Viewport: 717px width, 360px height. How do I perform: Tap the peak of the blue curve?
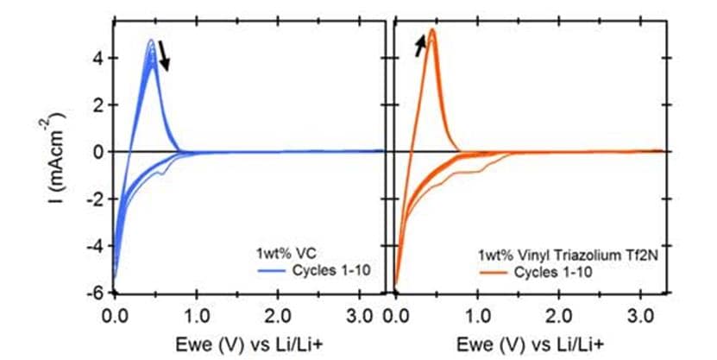coord(151,40)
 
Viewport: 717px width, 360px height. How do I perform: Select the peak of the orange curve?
coord(431,30)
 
